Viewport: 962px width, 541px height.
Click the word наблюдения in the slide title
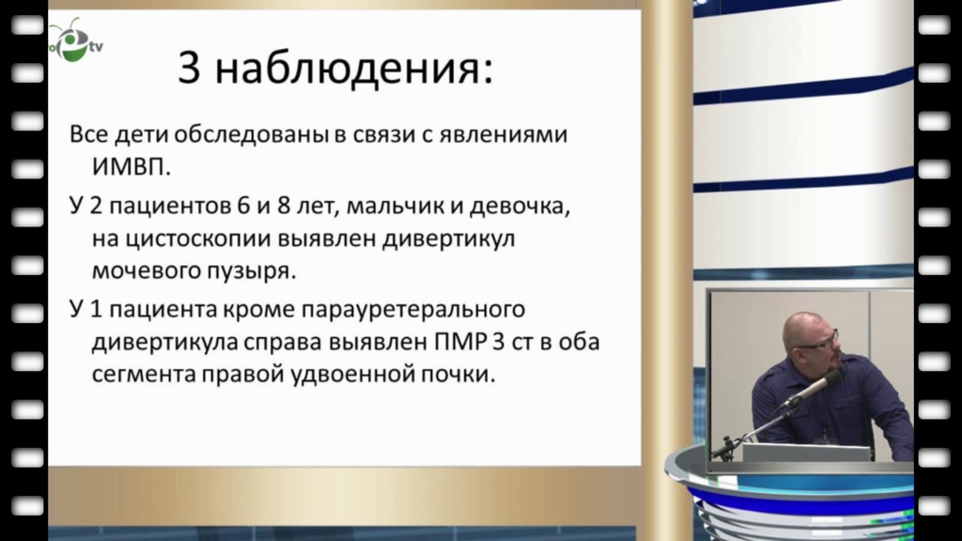(353, 68)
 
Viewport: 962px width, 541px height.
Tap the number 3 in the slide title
(189, 67)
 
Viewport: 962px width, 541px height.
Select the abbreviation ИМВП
(131, 166)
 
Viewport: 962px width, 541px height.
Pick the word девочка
(520, 206)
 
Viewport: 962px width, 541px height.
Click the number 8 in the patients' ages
(284, 206)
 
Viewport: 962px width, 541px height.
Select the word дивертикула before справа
(165, 342)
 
